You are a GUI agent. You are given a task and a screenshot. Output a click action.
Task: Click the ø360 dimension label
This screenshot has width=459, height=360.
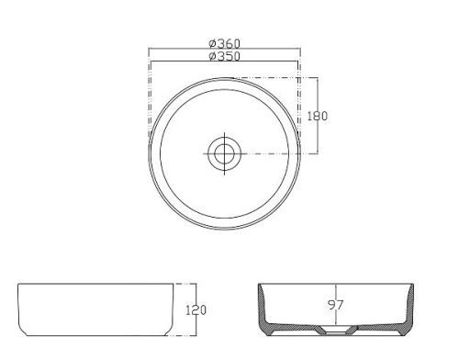(x=225, y=43)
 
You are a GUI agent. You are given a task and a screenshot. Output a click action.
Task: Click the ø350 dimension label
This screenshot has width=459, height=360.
(x=225, y=56)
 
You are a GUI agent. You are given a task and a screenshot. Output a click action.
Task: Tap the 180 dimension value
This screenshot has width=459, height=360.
(x=318, y=116)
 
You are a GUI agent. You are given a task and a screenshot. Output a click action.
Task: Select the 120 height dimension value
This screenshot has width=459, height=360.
(x=196, y=310)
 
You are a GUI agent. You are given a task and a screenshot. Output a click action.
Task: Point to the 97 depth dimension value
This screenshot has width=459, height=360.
(x=336, y=305)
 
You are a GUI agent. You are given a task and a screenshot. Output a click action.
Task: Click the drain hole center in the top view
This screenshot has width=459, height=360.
(x=225, y=153)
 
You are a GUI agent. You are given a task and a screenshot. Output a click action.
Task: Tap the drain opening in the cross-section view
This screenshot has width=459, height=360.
(x=336, y=330)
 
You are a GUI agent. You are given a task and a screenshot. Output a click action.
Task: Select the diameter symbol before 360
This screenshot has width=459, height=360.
(x=213, y=43)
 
